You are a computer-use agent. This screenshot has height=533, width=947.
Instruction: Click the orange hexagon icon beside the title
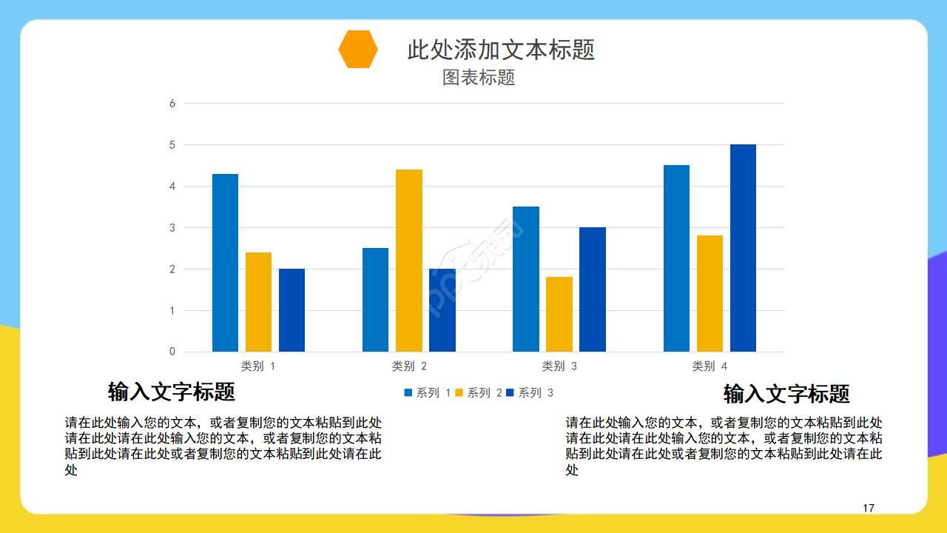coord(358,50)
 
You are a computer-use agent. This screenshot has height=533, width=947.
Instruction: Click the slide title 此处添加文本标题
coord(501,50)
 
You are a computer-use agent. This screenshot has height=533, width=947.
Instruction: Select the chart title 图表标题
coord(479,78)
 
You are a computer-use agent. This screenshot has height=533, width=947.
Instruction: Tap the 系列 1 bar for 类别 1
coord(225,263)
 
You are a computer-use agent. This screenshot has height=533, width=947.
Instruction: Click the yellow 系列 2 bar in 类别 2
coord(409,261)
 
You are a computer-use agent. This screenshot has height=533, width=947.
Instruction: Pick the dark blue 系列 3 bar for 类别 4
coord(743,248)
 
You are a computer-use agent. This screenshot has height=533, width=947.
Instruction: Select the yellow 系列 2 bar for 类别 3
coord(559,314)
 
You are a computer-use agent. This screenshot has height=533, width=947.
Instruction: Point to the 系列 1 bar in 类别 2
coord(375,300)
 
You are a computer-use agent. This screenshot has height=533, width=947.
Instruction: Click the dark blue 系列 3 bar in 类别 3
coord(593,289)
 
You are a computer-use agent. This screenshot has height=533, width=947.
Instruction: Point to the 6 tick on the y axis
coord(172,104)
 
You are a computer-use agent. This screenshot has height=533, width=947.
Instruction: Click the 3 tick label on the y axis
coord(172,228)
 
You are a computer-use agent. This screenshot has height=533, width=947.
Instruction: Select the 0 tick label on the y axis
coord(172,352)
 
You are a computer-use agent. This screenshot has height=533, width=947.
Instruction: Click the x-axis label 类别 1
coord(258,366)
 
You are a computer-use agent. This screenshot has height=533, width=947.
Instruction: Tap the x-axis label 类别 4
coord(710,366)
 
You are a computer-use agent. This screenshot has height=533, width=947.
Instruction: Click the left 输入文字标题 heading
coord(172,391)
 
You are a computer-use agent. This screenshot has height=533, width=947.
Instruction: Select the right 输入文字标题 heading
coord(786,394)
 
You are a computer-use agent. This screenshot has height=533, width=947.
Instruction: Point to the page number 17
coord(869,508)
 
